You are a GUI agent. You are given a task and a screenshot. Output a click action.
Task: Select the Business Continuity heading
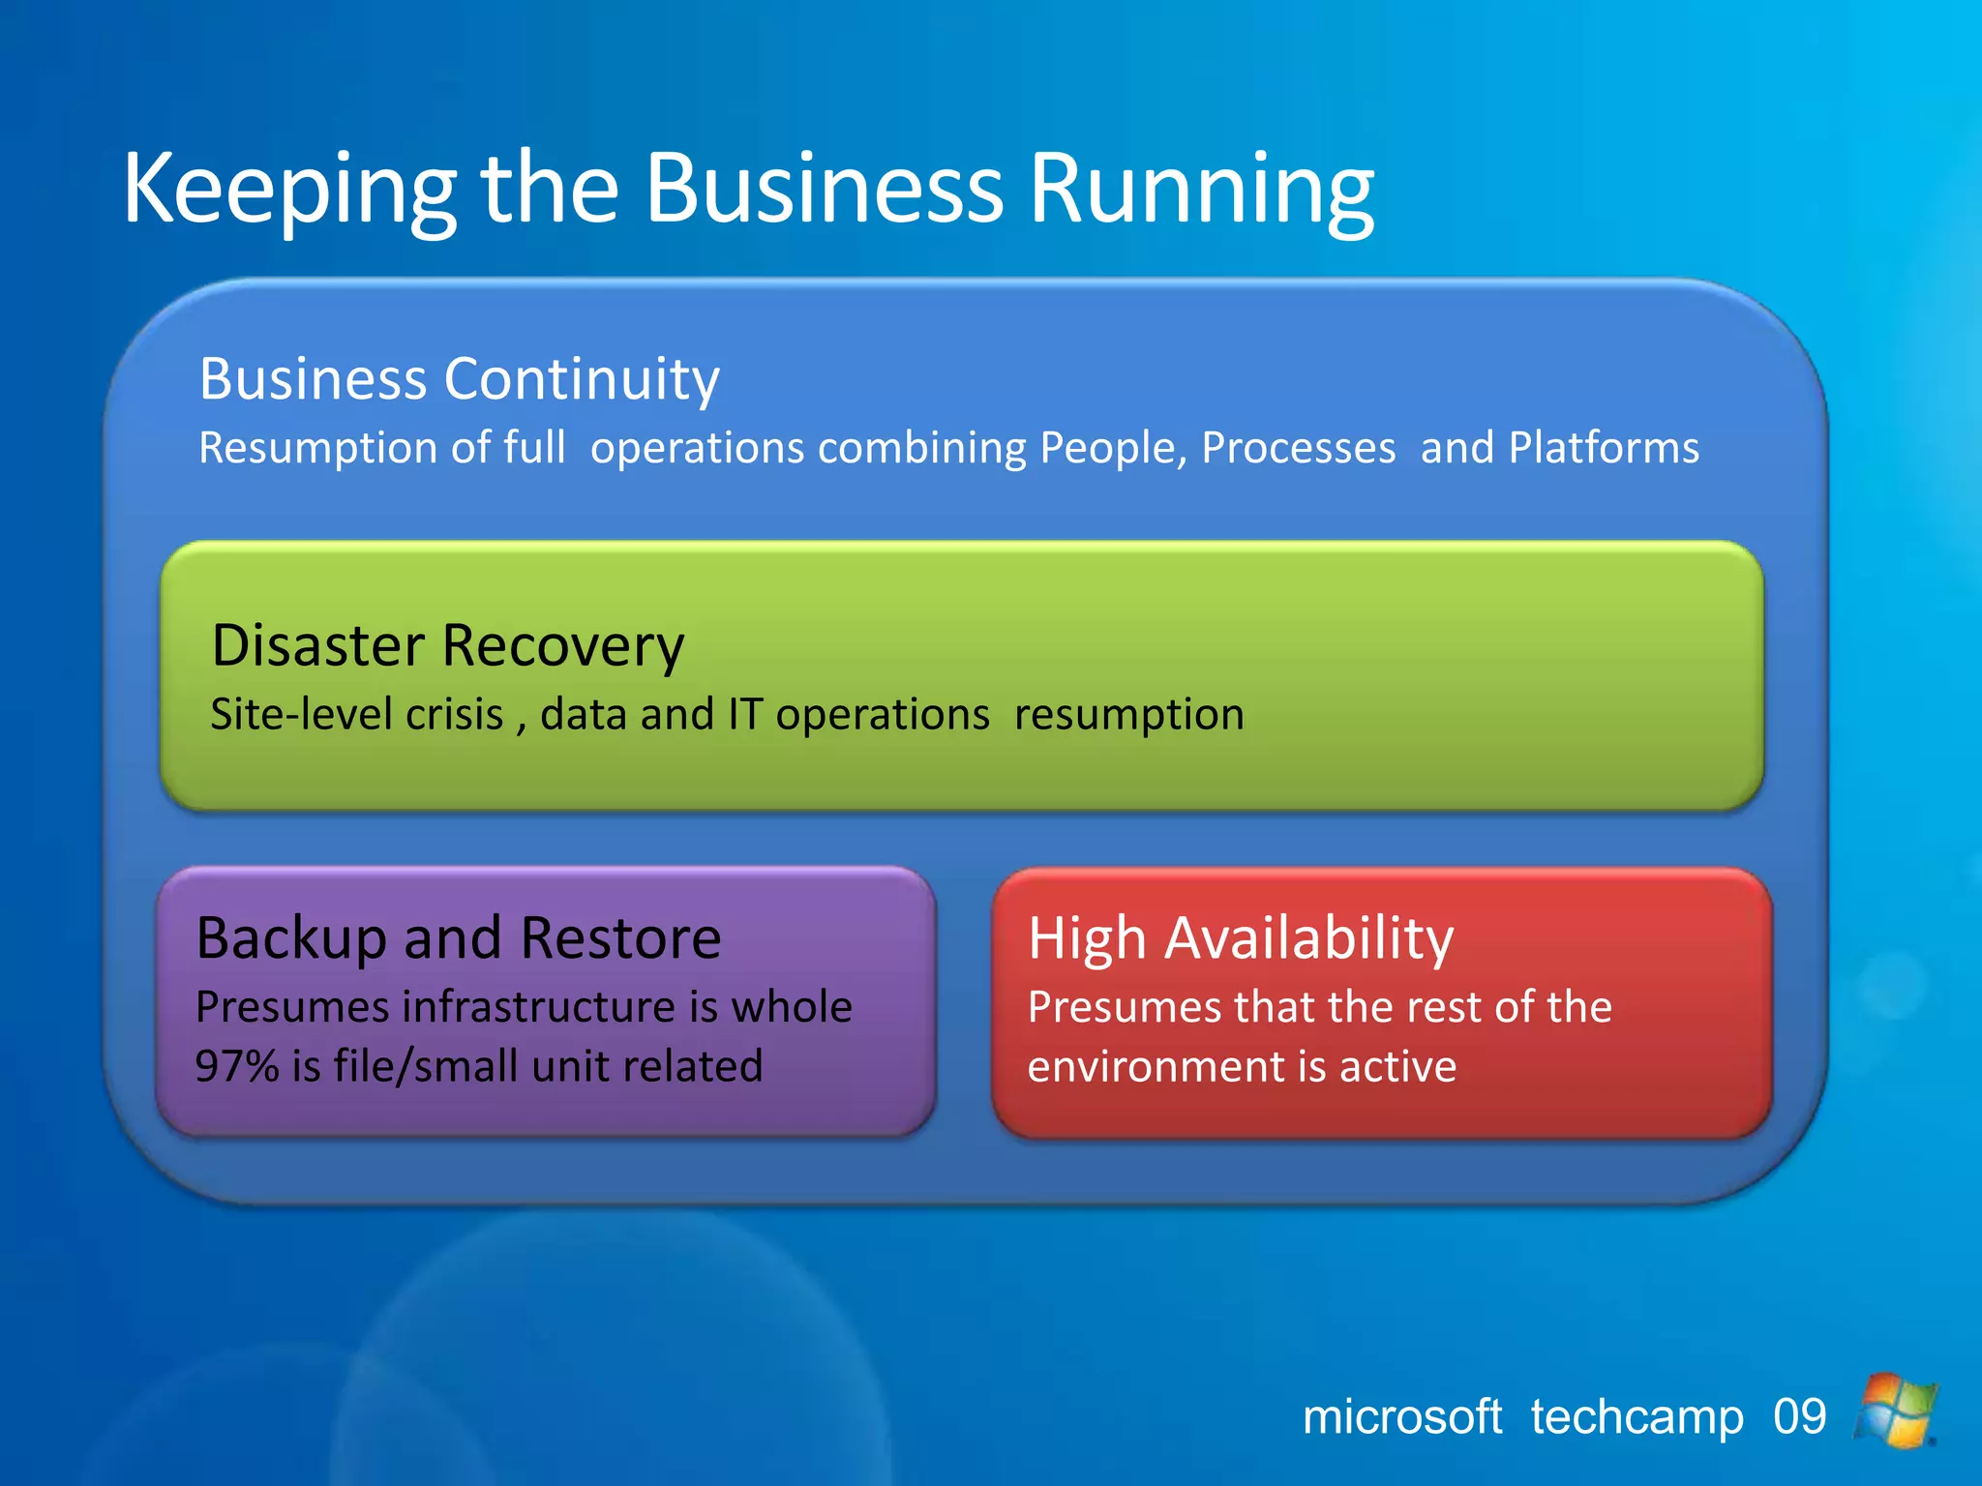pos(459,378)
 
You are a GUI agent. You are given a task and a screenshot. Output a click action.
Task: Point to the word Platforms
pos(1604,448)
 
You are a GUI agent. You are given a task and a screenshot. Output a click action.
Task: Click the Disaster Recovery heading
pos(447,645)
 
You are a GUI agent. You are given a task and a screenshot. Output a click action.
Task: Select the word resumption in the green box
pos(1128,715)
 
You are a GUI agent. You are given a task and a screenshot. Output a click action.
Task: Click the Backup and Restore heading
pos(458,937)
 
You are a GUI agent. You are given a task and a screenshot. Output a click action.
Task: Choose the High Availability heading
pos(1241,937)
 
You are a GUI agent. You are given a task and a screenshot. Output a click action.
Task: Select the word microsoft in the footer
pos(1402,1417)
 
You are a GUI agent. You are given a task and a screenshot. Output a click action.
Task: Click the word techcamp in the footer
pos(1637,1417)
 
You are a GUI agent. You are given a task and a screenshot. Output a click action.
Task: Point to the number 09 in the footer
pos(1799,1417)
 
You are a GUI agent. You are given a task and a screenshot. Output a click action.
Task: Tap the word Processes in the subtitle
pos(1298,448)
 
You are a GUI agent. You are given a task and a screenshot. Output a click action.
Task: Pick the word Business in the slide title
pos(824,190)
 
